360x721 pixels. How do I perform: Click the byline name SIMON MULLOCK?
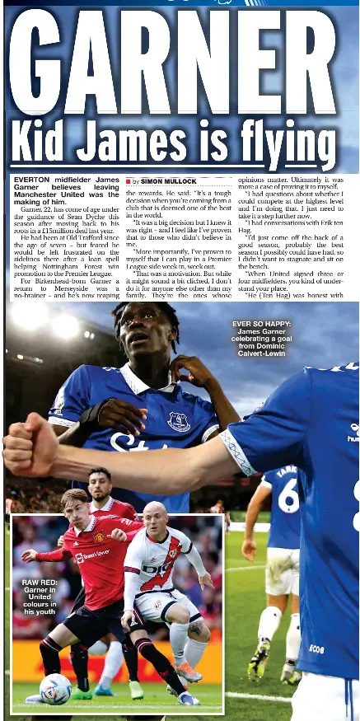[168, 180]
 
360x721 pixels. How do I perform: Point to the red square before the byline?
[128, 180]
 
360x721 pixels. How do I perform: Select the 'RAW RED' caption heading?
[39, 583]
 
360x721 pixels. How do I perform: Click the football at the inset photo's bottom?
[55, 688]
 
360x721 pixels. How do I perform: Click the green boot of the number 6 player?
[259, 659]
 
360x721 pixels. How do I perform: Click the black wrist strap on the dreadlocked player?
[93, 410]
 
